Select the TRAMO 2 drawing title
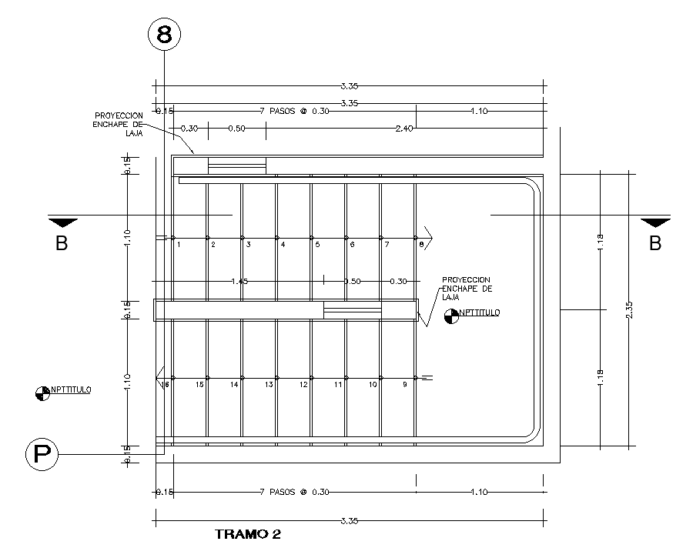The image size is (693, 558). pyautogui.click(x=247, y=533)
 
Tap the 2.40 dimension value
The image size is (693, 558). pyautogui.click(x=403, y=129)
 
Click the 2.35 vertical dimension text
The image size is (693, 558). pyautogui.click(x=630, y=309)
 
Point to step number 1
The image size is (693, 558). pyautogui.click(x=178, y=245)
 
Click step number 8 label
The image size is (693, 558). pyautogui.click(x=421, y=245)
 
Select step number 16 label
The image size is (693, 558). pyautogui.click(x=165, y=384)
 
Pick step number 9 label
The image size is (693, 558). pyautogui.click(x=404, y=384)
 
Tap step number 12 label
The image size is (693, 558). pyautogui.click(x=304, y=384)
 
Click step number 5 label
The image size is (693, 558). pyautogui.click(x=316, y=245)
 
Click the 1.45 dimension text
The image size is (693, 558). pyautogui.click(x=239, y=282)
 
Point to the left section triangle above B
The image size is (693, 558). pyautogui.click(x=62, y=223)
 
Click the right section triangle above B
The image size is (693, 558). pyautogui.click(x=655, y=223)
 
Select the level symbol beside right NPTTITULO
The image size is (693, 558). pyautogui.click(x=451, y=315)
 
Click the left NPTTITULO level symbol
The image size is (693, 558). pyautogui.click(x=42, y=393)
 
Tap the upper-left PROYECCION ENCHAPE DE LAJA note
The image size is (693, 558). pyautogui.click(x=119, y=123)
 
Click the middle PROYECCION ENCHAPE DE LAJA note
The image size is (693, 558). pyautogui.click(x=466, y=288)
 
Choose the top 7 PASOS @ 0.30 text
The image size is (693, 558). pyautogui.click(x=295, y=112)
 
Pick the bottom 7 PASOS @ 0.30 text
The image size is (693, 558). pyautogui.click(x=295, y=492)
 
